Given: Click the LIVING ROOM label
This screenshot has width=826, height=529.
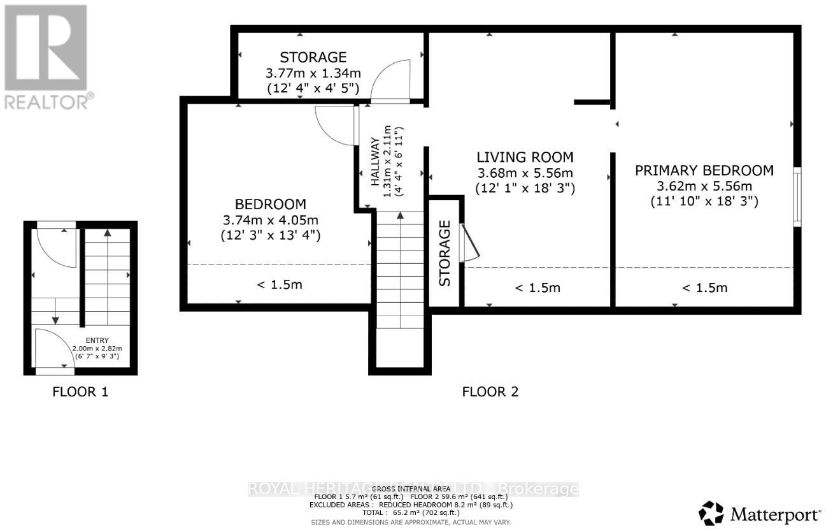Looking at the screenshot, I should click(x=525, y=157).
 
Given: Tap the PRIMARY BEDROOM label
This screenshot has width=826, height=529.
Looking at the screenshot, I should click(x=704, y=170).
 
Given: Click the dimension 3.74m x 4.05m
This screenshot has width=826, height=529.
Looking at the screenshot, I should click(x=270, y=220).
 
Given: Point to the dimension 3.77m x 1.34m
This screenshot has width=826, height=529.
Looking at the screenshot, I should click(x=312, y=72).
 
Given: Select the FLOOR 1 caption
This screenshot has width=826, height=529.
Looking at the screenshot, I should click(x=80, y=391).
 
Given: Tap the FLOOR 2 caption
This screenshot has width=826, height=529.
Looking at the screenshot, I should click(x=490, y=391).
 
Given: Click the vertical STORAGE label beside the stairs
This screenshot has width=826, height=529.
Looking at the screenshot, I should click(x=445, y=253).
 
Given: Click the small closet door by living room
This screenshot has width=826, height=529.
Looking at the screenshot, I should click(x=469, y=243).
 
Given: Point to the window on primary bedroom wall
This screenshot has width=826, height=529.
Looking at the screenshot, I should click(x=797, y=196).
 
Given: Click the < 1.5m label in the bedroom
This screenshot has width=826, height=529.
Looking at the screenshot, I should click(x=279, y=284).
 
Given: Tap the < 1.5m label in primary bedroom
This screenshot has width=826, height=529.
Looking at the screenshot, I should click(x=704, y=287).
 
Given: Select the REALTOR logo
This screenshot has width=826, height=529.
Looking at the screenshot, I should click(x=46, y=55).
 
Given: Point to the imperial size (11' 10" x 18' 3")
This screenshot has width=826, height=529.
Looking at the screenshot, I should click(x=704, y=201).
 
